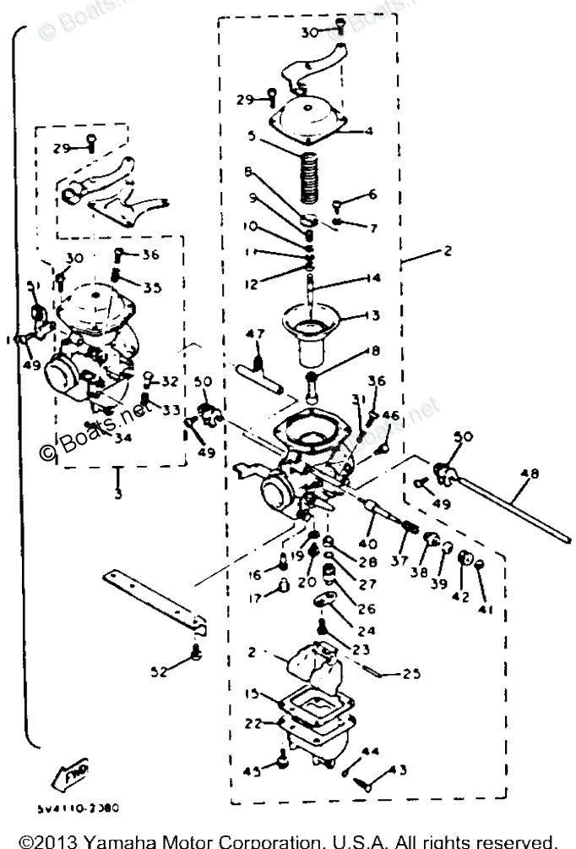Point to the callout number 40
[369, 542]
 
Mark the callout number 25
[389, 675]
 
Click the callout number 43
[397, 769]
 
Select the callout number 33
[171, 410]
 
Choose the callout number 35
[152, 288]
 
